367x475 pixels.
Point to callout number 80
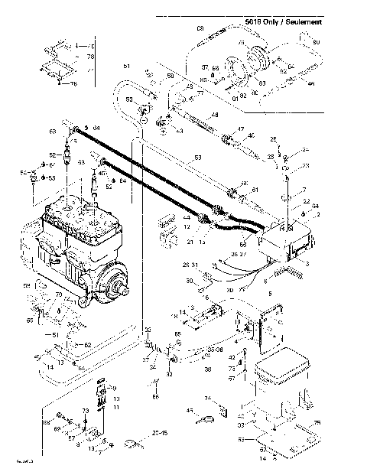pyautogui.click(x=317, y=41)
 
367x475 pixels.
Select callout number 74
pyautogui.click(x=207, y=399)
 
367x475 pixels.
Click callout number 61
pyautogui.click(x=255, y=190)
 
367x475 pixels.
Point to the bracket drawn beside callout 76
pyautogui.click(x=55, y=65)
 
